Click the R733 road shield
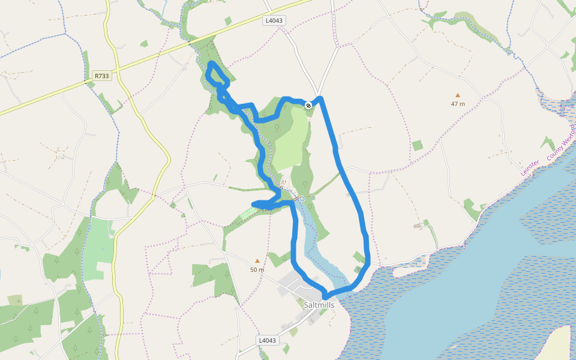coord(102,76)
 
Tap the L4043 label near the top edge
coord(274,20)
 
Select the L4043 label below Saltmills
coord(268,340)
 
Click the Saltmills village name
coord(319,305)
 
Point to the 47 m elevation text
coord(458,104)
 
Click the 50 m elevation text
coord(257,269)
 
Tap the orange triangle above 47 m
coord(458,95)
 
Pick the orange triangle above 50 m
coord(257,260)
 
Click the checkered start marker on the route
coord(308,106)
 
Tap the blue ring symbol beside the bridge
coord(302,199)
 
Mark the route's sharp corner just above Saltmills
coord(325,295)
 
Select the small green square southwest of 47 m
coord(418,145)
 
